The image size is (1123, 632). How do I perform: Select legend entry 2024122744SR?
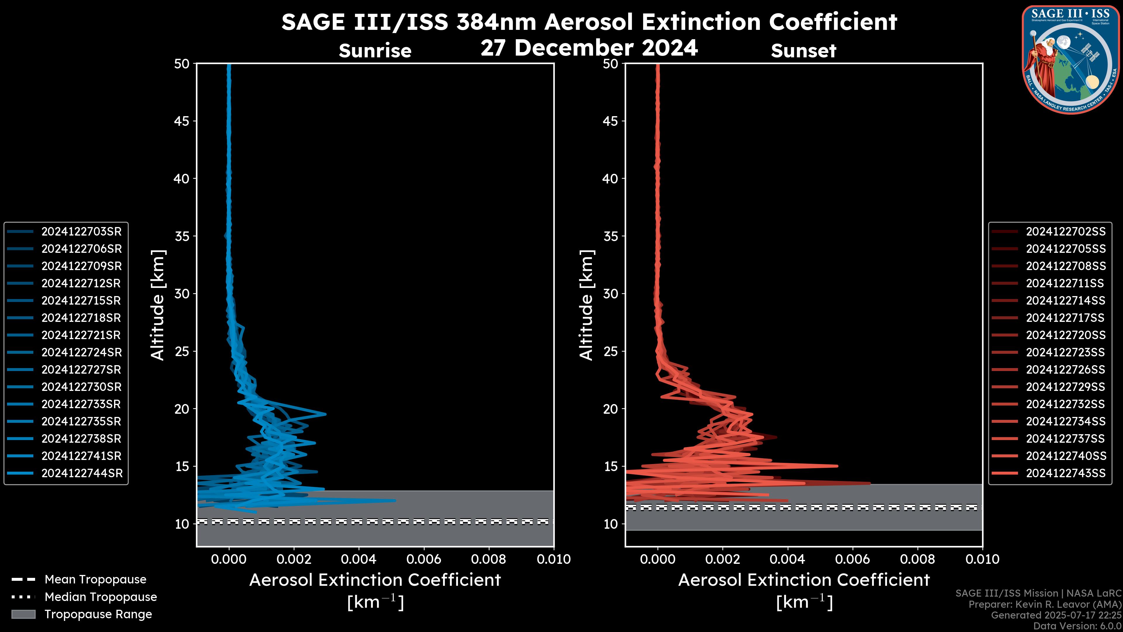82,473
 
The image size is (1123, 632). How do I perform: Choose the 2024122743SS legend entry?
1065,473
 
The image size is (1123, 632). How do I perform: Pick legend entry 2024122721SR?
81,335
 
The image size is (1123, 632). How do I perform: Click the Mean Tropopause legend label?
95,579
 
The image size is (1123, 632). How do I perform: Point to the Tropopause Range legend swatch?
23,614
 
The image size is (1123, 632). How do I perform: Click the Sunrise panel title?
375,51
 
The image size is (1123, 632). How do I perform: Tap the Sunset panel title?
803,51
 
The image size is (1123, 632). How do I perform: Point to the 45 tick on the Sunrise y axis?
182,121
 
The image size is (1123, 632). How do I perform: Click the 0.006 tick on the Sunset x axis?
853,559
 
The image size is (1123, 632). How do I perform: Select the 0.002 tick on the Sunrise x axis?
294,559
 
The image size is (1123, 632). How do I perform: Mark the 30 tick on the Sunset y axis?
610,293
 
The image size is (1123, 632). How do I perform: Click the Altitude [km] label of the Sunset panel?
586,305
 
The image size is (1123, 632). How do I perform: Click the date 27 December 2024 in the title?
589,47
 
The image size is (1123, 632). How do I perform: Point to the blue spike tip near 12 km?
395,500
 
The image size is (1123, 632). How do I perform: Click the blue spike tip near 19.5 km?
325,414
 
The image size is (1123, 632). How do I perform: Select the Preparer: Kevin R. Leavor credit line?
1045,604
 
